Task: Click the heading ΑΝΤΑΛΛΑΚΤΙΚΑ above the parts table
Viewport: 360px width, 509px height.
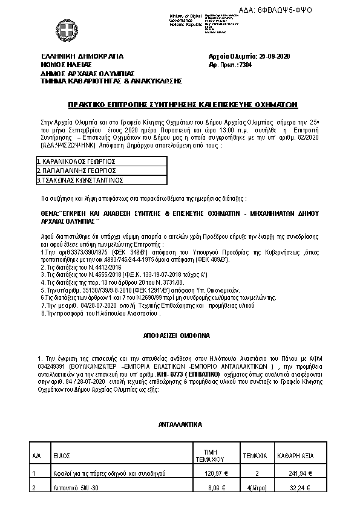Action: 180,425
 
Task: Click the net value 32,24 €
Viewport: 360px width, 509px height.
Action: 300,488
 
